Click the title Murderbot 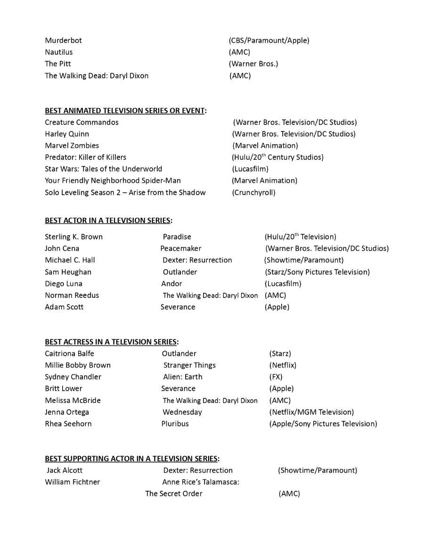[63, 41]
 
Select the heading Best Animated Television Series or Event [125, 111]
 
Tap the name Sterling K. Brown [73, 237]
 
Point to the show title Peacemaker [180, 248]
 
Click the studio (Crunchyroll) [253, 192]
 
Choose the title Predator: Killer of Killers [85, 157]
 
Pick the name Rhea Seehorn [68, 424]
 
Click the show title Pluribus [175, 424]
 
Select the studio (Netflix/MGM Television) [311, 412]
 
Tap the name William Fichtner [72, 482]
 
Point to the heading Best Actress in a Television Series [111, 342]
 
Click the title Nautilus [59, 52]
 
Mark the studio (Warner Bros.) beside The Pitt [253, 64]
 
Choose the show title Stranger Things [189, 365]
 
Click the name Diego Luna [64, 284]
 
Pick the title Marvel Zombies [72, 146]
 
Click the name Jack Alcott [65, 470]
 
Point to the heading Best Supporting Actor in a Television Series [132, 459]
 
